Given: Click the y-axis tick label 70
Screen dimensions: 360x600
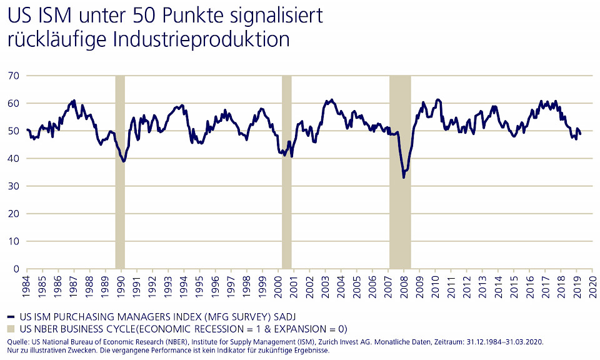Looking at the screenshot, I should (x=13, y=76).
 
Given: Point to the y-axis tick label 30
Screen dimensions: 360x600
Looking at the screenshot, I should (x=13, y=186).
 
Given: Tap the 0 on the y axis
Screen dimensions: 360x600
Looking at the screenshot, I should (x=16, y=269).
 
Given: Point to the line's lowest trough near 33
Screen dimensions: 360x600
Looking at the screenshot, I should (x=404, y=177).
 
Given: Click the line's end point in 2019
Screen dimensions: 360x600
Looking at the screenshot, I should (x=581, y=134).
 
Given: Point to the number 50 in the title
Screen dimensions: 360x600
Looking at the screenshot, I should (x=124, y=15).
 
